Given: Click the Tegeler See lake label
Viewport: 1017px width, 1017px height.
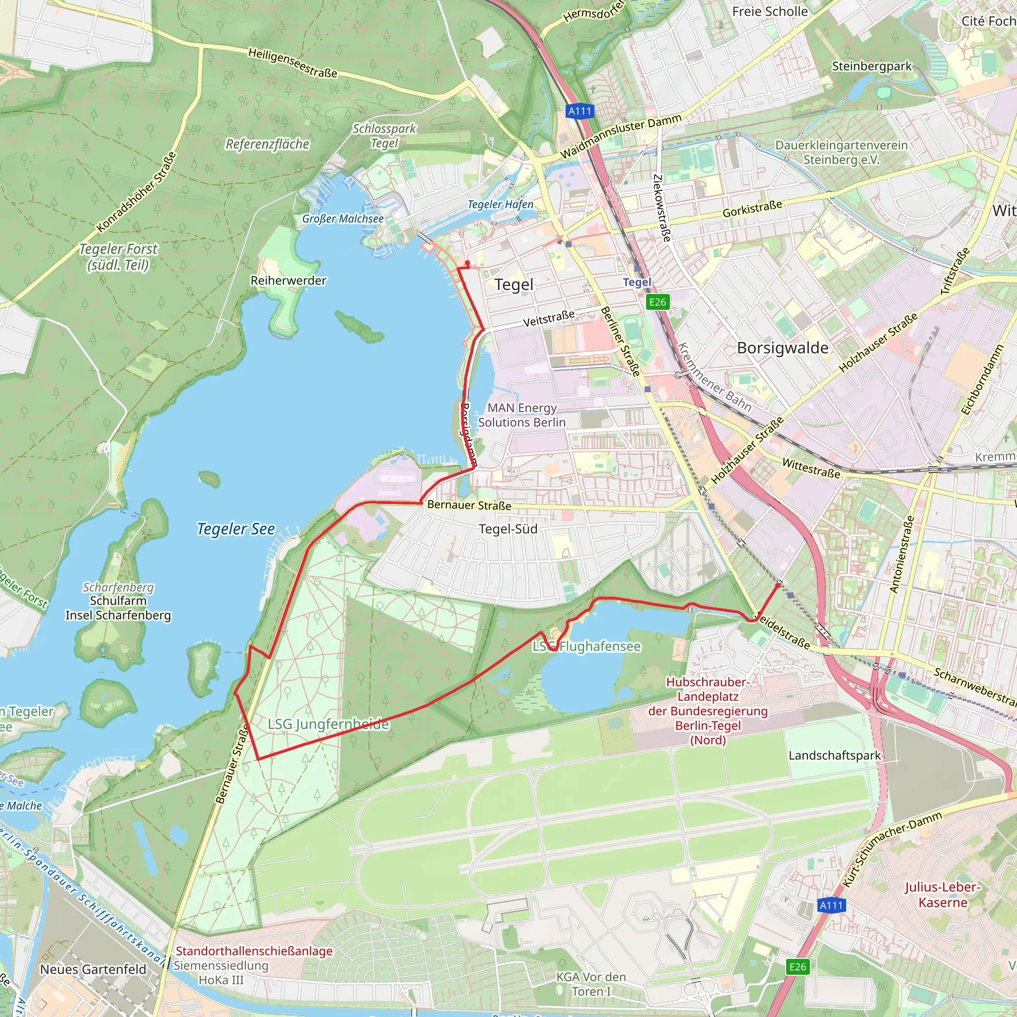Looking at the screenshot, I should pos(236,529).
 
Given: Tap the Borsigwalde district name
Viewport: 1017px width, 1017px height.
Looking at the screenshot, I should pos(782,348).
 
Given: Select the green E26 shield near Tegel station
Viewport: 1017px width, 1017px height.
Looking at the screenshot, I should pos(657,301).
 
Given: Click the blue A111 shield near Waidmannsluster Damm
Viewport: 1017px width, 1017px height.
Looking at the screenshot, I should pos(580,111).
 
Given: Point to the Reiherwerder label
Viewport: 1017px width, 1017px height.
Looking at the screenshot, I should pos(288,281).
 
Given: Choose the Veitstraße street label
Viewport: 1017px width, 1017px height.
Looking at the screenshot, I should pos(549,318).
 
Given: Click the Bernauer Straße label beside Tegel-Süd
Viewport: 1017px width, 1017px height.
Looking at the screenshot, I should pos(469,505).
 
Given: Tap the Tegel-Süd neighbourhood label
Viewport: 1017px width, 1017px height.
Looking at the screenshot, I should pos(508,529).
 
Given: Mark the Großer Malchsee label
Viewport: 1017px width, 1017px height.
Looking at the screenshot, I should pos(343,218).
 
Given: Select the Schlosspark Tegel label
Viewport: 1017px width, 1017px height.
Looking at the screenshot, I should pos(384,136).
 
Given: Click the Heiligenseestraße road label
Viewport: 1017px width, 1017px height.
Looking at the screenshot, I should pos(292,63).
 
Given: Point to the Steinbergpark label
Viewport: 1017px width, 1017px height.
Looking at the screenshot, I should pos(872,67).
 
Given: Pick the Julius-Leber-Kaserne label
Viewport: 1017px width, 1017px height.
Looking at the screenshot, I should pos(943,895).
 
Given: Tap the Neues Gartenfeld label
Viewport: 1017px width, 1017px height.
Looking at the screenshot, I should pos(93,969).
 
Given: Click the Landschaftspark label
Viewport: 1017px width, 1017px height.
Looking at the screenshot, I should pos(834,755).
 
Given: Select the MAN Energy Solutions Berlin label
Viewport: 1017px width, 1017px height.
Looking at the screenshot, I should pos(522,415).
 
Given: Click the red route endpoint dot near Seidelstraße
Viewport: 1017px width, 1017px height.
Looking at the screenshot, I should pos(779,585).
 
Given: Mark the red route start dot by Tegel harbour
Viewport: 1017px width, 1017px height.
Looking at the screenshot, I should pos(467,263).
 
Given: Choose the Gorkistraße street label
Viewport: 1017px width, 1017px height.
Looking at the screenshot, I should pos(752,209).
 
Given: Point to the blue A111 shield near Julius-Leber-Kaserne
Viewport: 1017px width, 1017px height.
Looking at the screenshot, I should pos(831,905).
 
